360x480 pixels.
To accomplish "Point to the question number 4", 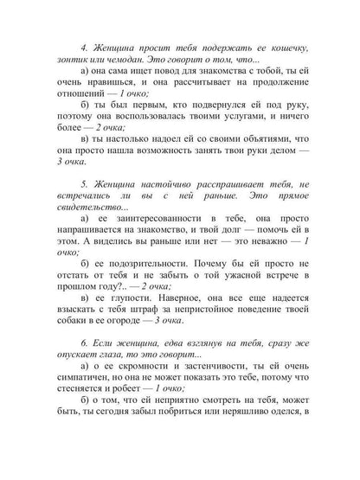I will (82, 45).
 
